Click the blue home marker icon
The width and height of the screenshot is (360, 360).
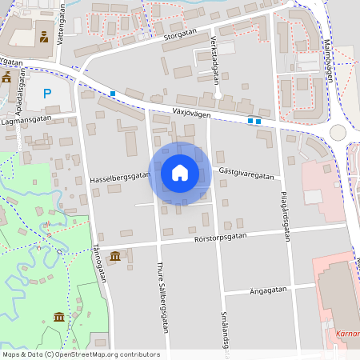pos(179,173)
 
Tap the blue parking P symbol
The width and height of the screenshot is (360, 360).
pos(47,94)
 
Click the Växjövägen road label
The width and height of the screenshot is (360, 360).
pos(191,114)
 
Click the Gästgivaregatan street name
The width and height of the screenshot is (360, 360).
pos(246,175)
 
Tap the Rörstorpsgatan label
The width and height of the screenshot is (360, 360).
pos(221,237)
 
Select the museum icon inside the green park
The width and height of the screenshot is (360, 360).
pos(59,318)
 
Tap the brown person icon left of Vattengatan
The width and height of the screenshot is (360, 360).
pos(43,37)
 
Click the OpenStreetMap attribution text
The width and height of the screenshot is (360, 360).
pos(81,354)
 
